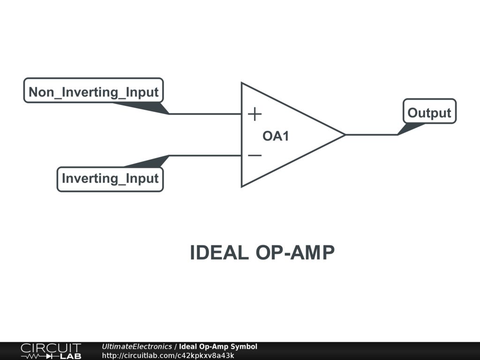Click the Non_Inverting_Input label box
93,90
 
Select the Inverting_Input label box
110,179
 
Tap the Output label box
429,112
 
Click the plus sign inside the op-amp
255,114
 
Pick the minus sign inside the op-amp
255,155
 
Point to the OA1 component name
276,136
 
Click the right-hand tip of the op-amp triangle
344,135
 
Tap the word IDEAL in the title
218,253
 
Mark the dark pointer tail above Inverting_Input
150,162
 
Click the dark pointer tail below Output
411,127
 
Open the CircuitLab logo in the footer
51,351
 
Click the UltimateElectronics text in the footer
137,347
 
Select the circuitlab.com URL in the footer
168,355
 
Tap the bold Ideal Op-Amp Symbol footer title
218,347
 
